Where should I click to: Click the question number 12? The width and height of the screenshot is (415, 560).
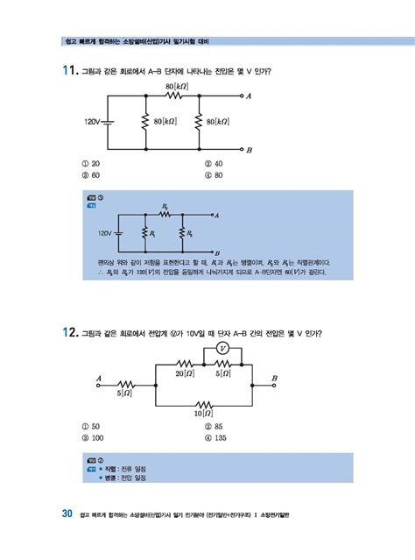[x=68, y=332]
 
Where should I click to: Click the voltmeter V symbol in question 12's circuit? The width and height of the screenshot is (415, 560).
[x=222, y=348]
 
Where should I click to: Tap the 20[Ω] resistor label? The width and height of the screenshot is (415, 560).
[x=184, y=373]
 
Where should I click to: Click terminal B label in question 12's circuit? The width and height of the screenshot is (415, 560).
[x=275, y=378]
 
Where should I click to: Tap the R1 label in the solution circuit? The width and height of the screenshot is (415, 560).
[x=152, y=234]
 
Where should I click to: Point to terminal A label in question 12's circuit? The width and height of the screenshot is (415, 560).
[x=99, y=379]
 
